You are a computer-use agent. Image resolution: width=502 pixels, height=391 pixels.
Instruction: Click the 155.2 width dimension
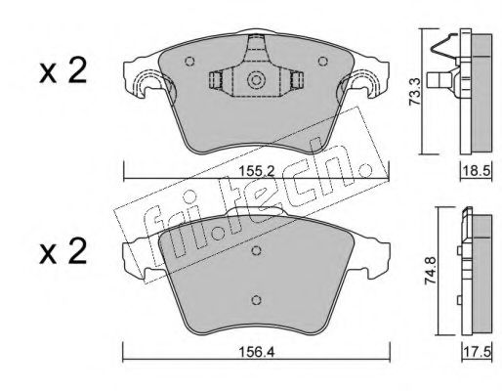pyautogui.click(x=257, y=171)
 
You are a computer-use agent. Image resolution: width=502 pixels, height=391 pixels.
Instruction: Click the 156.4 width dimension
pyautogui.click(x=257, y=352)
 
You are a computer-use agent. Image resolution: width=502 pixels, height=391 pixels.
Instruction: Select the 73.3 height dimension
pyautogui.click(x=415, y=92)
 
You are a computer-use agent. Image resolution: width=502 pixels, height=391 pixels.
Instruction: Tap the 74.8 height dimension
pyautogui.click(x=432, y=271)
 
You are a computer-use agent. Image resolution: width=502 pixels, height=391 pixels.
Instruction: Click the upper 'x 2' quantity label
pyautogui.click(x=63, y=70)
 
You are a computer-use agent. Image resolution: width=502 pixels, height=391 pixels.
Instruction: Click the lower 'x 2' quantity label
pyautogui.click(x=63, y=251)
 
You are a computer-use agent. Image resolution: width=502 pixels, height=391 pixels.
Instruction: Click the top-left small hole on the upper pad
pyautogui.click(x=189, y=61)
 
